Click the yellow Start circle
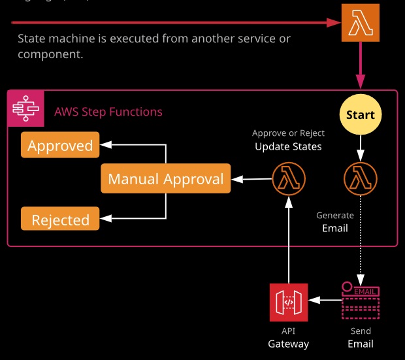360,115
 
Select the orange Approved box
60,145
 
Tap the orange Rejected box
60,219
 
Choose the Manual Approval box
166,179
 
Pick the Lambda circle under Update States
289,178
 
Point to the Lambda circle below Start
360,178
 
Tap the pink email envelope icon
360,301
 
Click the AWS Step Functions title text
108,112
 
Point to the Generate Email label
335,222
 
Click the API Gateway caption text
288,338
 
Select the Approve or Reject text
288,133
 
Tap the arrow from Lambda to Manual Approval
251,178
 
